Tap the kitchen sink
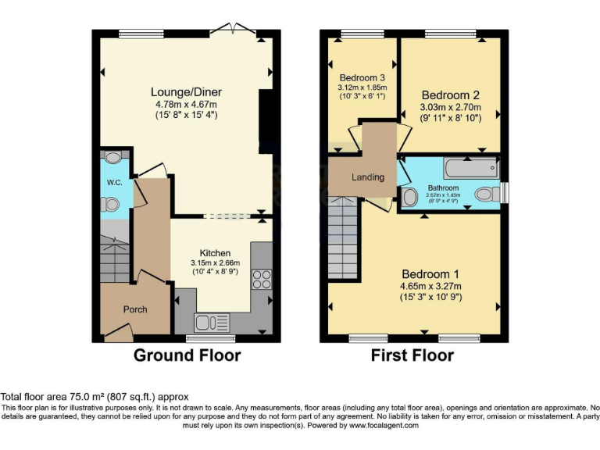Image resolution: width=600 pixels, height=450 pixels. [x=212, y=321]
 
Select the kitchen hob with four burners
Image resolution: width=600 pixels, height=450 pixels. [x=262, y=279]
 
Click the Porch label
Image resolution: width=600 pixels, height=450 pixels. [x=134, y=309]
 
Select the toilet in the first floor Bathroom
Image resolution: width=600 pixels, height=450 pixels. [x=485, y=193]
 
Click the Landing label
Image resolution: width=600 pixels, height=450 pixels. [x=367, y=177]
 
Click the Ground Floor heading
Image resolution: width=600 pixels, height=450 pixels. [x=187, y=356]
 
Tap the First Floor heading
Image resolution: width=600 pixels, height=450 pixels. [x=413, y=356]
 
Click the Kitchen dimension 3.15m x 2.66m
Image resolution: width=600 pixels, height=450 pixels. [x=215, y=263]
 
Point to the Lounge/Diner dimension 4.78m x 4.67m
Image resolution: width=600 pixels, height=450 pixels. [x=184, y=104]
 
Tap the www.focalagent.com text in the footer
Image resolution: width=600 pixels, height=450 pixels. [x=383, y=426]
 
